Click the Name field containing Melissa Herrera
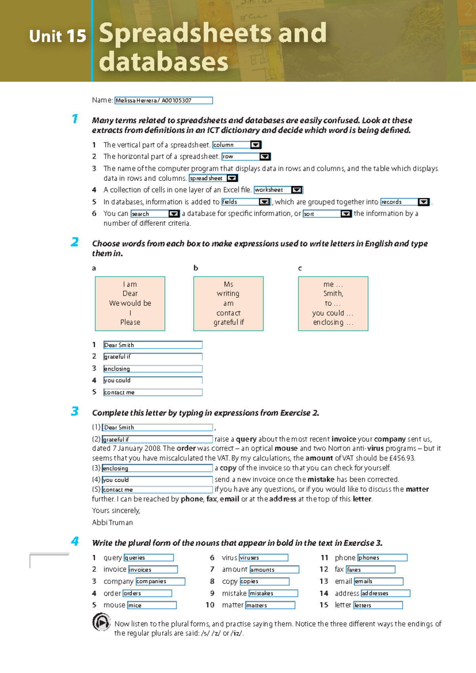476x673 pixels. pyautogui.click(x=163, y=100)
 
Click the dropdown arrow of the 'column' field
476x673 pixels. pyautogui.click(x=256, y=145)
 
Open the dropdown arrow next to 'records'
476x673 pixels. pyautogui.click(x=423, y=202)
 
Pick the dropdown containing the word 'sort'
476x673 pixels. pyautogui.click(x=322, y=214)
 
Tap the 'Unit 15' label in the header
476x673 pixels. pyautogui.click(x=58, y=37)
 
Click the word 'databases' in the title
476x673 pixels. pyautogui.click(x=163, y=62)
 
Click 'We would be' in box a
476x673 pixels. pyautogui.click(x=130, y=303)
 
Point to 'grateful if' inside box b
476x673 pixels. pyautogui.click(x=228, y=322)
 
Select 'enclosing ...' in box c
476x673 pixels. pyautogui.click(x=333, y=322)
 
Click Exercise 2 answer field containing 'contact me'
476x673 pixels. pyautogui.click(x=153, y=392)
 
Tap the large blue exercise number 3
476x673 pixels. pyautogui.click(x=75, y=411)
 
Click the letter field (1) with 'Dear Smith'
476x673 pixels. pyautogui.click(x=157, y=427)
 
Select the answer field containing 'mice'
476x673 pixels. pyautogui.click(x=152, y=605)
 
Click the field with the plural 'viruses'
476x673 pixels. pyautogui.click(x=263, y=558)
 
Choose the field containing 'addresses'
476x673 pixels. pyautogui.click(x=385, y=593)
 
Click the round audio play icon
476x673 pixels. pyautogui.click(x=101, y=622)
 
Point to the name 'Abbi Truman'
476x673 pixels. pyautogui.click(x=112, y=523)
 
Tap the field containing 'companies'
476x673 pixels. pyautogui.click(x=160, y=581)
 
